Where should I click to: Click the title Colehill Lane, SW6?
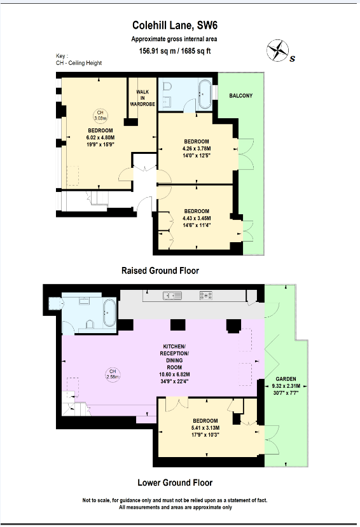coord(179,25)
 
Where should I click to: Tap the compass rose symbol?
coord(277,50)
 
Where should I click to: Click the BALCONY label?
coord(241,96)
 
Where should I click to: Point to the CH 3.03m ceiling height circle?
coord(99,115)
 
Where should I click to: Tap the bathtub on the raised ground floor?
coord(204,93)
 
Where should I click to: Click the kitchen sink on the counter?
coord(173,295)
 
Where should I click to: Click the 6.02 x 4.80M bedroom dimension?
coord(100,137)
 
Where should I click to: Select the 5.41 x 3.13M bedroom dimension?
coord(205,428)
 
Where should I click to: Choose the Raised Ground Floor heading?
coord(160,271)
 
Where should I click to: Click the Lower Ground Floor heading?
coord(176,483)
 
